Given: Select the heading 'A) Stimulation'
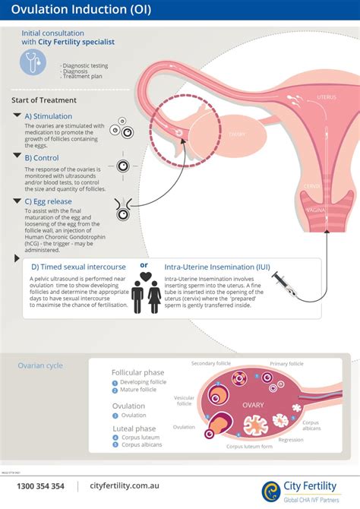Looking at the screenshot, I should coord(48,115).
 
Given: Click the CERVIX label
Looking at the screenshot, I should coord(311,185).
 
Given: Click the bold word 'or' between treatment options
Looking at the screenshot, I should coord(144,265).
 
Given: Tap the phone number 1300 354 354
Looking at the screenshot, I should coord(41,486).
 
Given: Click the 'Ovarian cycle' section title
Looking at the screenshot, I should coord(40,365).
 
